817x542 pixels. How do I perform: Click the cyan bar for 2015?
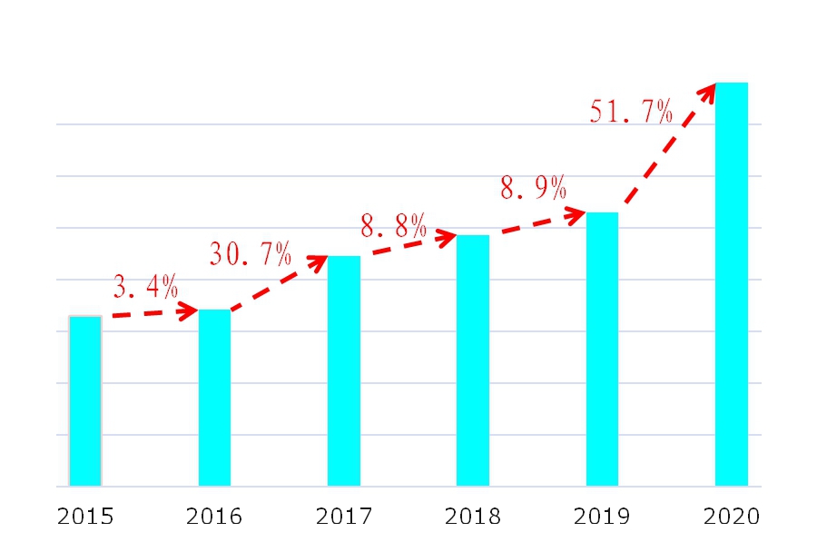coord(85,400)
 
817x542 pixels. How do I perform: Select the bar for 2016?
coord(214,398)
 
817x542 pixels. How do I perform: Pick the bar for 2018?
coord(473,360)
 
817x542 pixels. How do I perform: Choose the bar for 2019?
coord(602,349)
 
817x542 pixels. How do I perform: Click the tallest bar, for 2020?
coord(732,284)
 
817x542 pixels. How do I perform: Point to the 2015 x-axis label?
coord(85,517)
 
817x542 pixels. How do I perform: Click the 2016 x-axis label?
coord(214,517)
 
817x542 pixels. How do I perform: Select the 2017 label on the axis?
coord(344,517)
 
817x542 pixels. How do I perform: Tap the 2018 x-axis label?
coord(473,517)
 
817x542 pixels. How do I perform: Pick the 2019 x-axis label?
coord(602,517)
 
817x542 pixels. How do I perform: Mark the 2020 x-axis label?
coord(732,517)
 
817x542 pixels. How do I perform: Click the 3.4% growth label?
coord(146,287)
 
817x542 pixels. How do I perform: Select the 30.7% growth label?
coord(251,254)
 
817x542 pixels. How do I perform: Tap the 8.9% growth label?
coord(534,189)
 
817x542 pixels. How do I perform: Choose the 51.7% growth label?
coord(632,112)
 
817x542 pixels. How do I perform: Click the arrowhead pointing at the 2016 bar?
coord(190,311)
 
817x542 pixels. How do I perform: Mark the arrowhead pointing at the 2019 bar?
coord(576,215)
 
